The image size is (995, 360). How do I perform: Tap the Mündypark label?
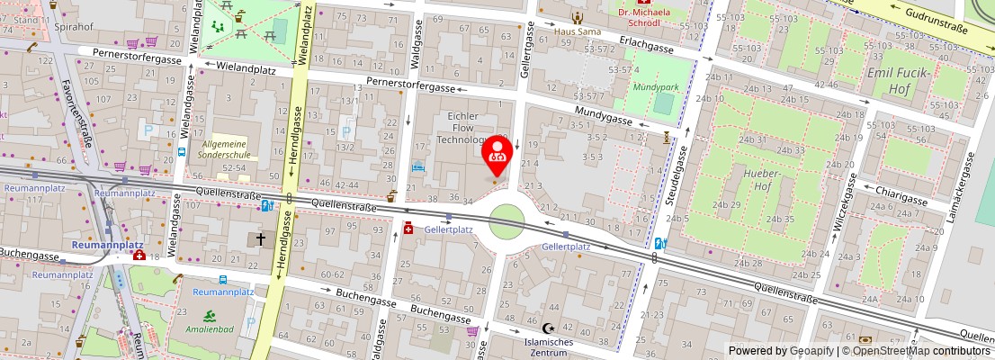click(655, 87)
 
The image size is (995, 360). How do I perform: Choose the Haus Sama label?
click(577, 31)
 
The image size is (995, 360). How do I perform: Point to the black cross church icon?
click(261, 239)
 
